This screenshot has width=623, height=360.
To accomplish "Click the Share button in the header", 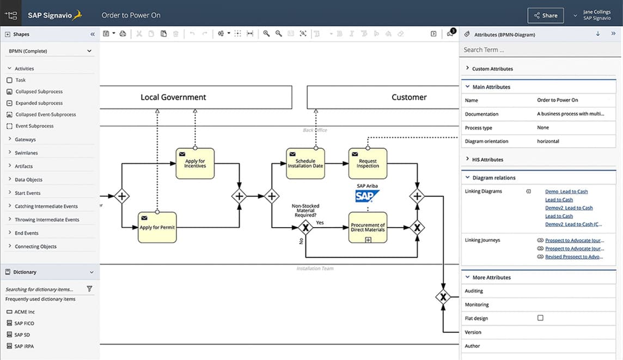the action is click(545, 15).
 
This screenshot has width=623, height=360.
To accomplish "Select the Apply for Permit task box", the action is click(157, 227).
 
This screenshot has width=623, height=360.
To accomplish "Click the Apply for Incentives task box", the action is click(195, 163).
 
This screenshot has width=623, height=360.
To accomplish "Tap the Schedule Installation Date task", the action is click(305, 163).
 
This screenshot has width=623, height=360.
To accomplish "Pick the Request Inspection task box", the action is click(368, 163).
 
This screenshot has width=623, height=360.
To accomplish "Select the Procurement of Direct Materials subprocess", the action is click(368, 227).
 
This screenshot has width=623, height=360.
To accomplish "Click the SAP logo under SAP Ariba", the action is click(367, 196).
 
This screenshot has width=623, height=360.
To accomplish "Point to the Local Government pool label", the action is click(173, 97).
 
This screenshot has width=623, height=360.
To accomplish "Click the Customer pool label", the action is click(409, 97).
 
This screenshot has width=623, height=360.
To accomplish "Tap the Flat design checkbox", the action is click(540, 318).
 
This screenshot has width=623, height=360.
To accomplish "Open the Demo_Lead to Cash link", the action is click(566, 192).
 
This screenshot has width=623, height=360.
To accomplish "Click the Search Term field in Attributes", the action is click(539, 50).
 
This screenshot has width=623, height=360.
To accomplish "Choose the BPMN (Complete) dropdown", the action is click(50, 51).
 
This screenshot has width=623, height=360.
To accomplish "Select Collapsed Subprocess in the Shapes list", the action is click(39, 91).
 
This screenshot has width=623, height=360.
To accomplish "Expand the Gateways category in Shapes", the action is click(25, 139).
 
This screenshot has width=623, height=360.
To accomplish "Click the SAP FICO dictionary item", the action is click(24, 324).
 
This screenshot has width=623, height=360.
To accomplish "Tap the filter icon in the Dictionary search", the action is click(89, 289).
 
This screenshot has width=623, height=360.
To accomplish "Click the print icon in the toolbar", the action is click(123, 34).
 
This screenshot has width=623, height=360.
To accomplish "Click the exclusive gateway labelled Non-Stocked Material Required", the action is click(305, 228).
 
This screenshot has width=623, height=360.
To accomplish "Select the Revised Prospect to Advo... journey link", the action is click(574, 257).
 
